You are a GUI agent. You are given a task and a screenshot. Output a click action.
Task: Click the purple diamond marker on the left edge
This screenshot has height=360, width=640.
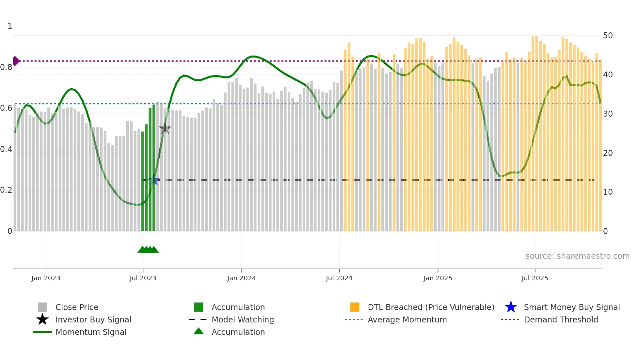[16, 61]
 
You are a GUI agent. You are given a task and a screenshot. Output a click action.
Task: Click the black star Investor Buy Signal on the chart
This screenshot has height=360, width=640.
[165, 129]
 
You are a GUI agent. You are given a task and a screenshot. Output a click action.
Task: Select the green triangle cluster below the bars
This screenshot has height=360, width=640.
[148, 250]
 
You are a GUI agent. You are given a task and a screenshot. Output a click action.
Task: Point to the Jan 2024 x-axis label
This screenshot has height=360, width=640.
[241, 278]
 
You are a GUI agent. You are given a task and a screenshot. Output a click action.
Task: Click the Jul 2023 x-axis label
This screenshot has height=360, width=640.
[143, 278]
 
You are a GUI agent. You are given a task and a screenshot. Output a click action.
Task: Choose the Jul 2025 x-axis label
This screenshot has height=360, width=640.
[535, 278]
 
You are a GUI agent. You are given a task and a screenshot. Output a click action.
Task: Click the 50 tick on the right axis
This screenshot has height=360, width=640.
[608, 36]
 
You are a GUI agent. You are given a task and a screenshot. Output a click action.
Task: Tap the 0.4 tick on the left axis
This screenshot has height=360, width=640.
[6, 149]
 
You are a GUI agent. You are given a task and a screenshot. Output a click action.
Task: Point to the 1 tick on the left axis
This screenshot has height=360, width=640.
[10, 26]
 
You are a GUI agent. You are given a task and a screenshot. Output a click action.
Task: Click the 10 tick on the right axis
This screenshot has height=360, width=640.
[608, 192]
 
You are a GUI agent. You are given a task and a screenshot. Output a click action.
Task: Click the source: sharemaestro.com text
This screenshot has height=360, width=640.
[577, 256]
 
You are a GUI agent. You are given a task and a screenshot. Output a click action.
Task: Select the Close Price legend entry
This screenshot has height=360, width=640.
[77, 307]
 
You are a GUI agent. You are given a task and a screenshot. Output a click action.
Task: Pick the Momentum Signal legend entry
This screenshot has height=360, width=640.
[91, 332]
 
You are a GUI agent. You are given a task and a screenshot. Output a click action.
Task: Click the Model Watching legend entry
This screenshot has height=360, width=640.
[243, 320]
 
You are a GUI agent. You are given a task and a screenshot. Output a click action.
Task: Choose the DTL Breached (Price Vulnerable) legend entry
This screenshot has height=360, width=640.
[431, 307]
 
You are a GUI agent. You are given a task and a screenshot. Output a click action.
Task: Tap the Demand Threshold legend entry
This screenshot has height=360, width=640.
[561, 320]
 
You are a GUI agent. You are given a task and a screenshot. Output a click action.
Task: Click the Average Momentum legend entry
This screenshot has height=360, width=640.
[407, 320]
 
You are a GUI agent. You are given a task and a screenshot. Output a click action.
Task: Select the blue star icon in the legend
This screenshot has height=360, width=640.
[511, 307]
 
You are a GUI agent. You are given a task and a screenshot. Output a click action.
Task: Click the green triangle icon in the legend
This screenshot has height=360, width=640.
[199, 332]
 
